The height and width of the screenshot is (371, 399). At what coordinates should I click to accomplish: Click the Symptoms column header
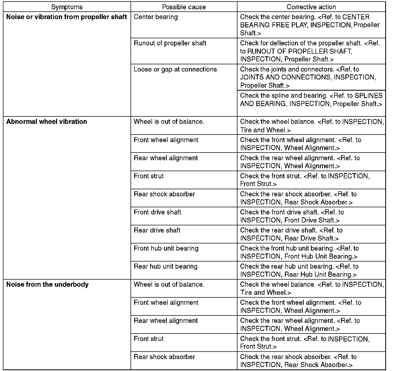click(67, 7)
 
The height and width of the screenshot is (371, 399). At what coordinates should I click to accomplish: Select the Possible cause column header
click(184, 7)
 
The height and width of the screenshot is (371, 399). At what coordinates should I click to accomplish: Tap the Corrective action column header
click(311, 7)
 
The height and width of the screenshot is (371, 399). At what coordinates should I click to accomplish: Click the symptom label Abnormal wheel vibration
click(47, 122)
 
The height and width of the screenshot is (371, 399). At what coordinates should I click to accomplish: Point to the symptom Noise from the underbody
click(47, 285)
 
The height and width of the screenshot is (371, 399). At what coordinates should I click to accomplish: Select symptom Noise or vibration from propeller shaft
click(67, 17)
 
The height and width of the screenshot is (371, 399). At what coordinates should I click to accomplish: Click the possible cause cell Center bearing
click(156, 17)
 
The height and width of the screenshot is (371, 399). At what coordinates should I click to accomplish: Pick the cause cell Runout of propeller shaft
click(170, 43)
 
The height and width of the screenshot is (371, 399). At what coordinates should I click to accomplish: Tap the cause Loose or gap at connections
click(175, 69)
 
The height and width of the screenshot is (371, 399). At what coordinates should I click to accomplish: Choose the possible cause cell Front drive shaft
click(157, 212)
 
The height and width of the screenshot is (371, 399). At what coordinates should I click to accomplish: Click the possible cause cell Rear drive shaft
click(157, 230)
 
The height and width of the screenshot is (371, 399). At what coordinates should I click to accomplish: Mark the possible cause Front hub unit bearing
click(166, 248)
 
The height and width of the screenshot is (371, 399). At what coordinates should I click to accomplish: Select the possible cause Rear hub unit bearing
click(166, 266)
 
